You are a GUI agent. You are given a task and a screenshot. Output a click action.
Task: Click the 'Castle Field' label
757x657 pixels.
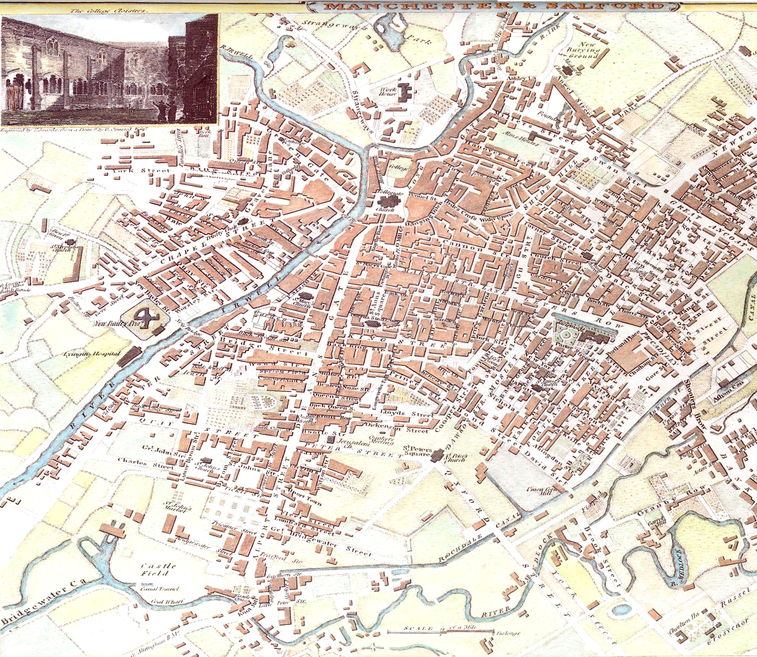(x=153, y=569)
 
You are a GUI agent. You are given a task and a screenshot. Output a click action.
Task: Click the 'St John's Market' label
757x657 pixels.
(x=174, y=506)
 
